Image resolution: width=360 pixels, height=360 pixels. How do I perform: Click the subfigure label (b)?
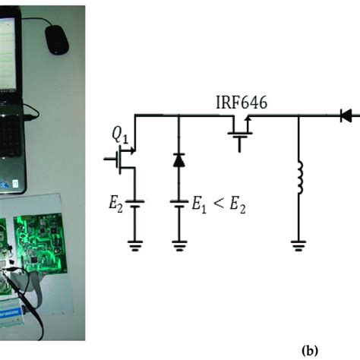310,351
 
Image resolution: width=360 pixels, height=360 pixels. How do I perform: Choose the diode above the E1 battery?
178,159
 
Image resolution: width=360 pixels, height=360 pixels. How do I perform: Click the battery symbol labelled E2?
134,201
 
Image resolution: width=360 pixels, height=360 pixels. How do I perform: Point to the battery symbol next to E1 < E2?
178,202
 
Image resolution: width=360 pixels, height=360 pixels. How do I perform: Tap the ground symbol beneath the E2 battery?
134,245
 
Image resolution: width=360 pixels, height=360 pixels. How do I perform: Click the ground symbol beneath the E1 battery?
178,245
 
